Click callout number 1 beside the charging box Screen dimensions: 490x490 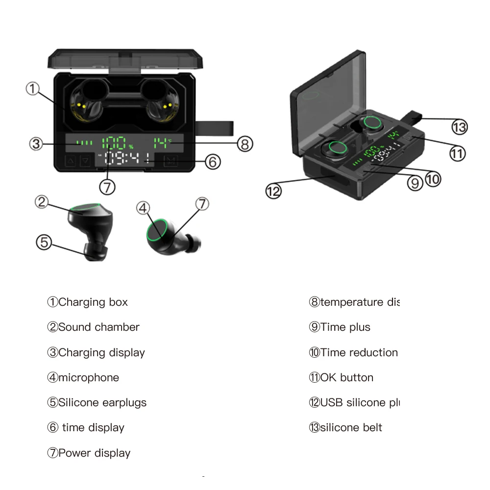pyautogui.click(x=32, y=89)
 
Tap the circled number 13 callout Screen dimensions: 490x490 pyautogui.click(x=460, y=127)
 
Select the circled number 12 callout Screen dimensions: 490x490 pyautogui.click(x=273, y=191)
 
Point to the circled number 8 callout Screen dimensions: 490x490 pyautogui.click(x=245, y=144)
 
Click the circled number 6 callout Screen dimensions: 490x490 pyautogui.click(x=212, y=162)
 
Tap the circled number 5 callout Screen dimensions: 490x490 pyautogui.click(x=44, y=242)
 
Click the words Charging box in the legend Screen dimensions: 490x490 pyautogui.click(x=93, y=302)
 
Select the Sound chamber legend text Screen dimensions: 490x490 pyautogui.click(x=99, y=327)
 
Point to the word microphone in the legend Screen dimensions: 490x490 pyautogui.click(x=89, y=377)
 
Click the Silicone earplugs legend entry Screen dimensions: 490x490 pyautogui.click(x=102, y=403)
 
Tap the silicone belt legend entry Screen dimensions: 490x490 pyautogui.click(x=351, y=427)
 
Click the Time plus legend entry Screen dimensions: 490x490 pyautogui.click(x=345, y=327)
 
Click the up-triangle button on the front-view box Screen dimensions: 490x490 pyautogui.click(x=70, y=161)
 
